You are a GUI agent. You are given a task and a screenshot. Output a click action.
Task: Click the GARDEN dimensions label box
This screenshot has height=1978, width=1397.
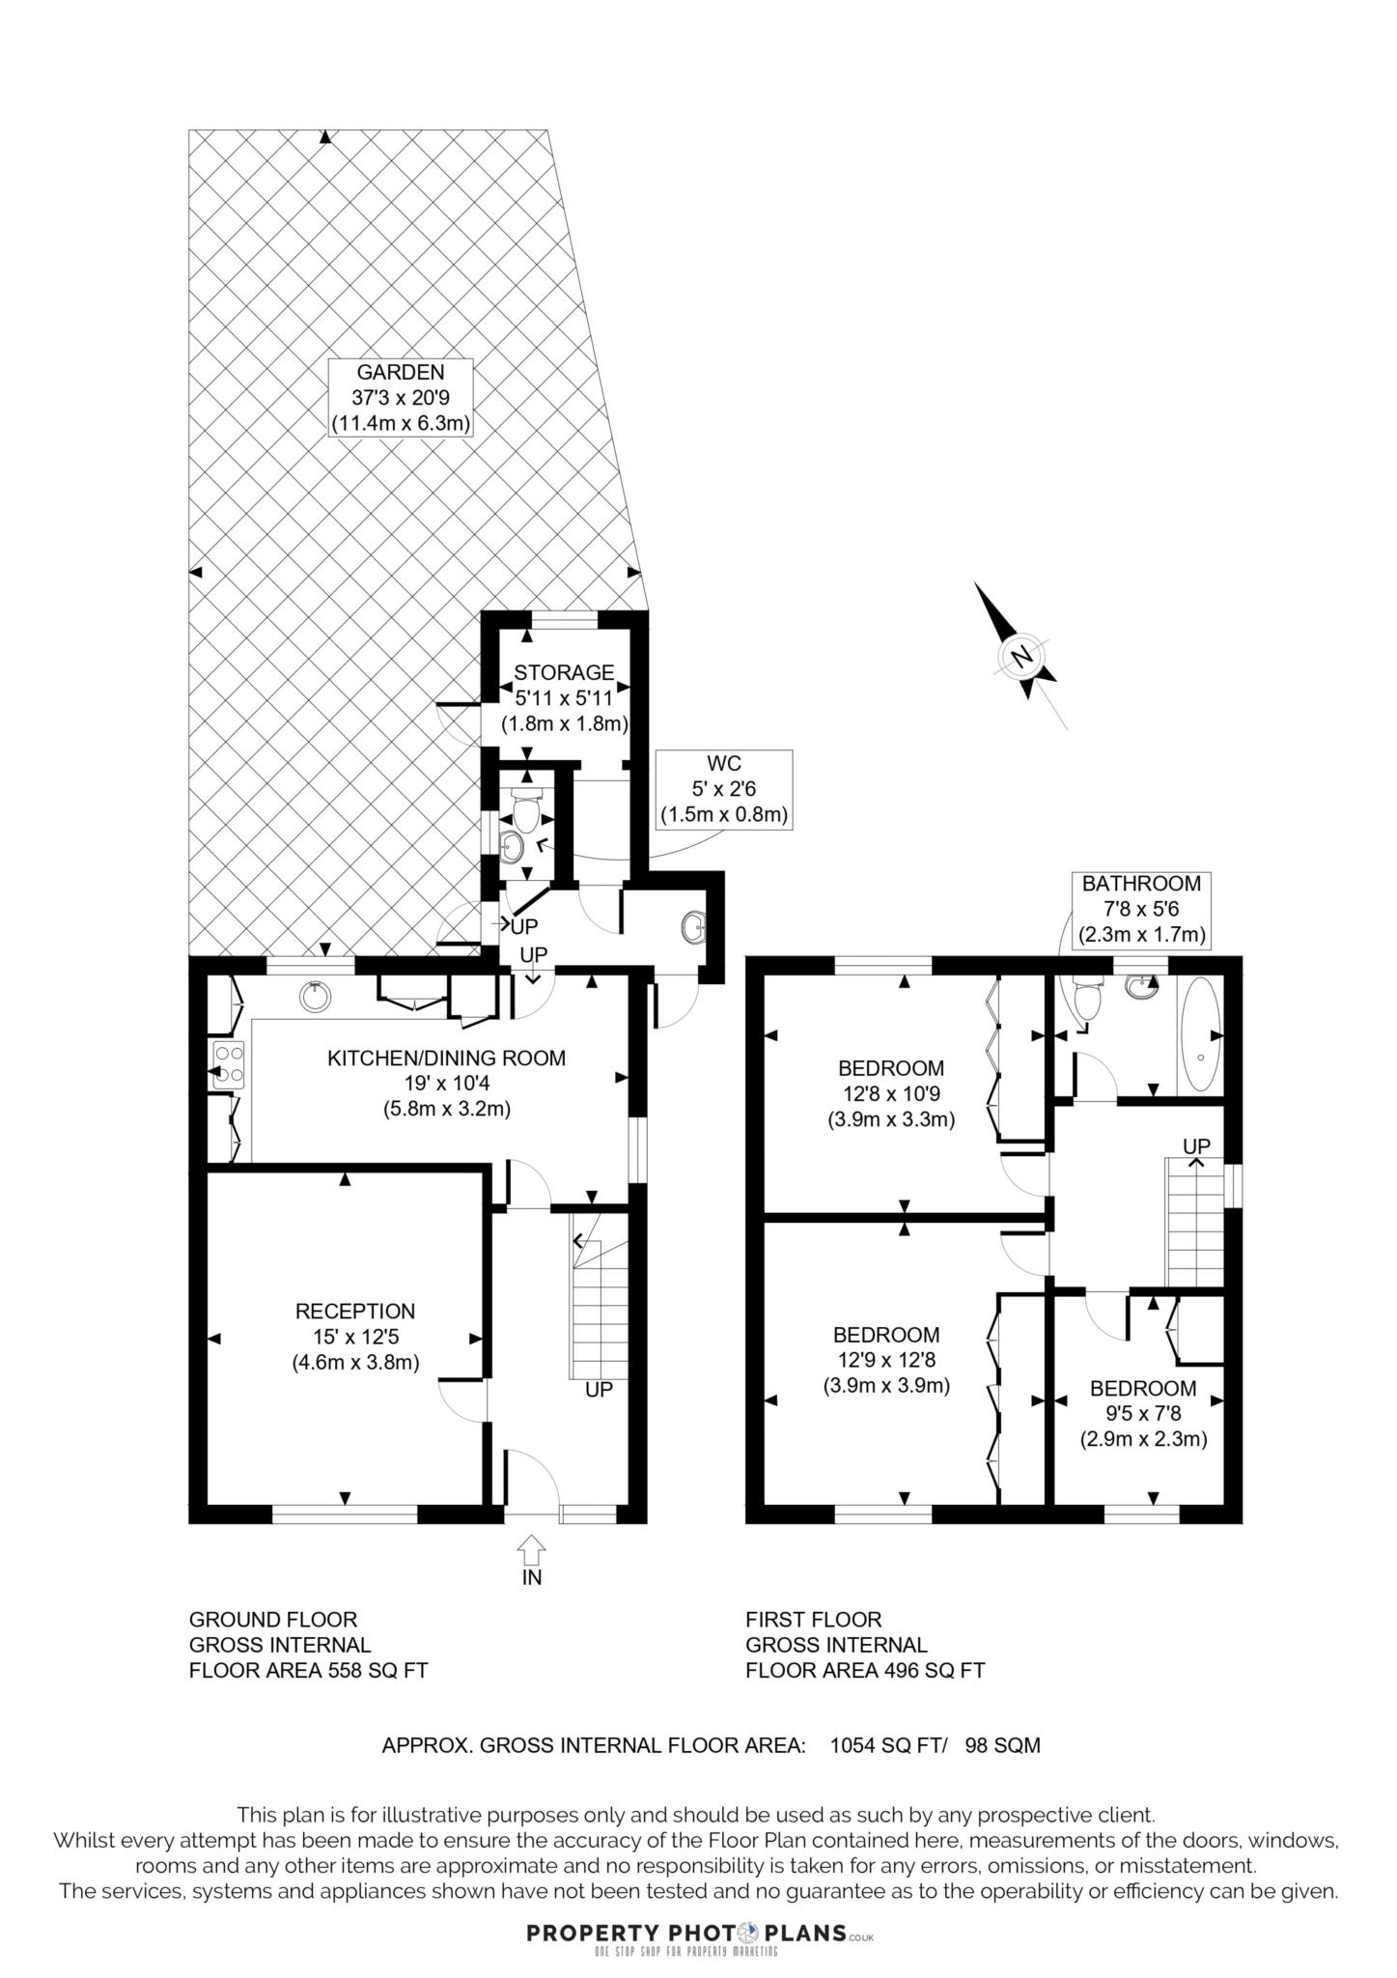click(401, 397)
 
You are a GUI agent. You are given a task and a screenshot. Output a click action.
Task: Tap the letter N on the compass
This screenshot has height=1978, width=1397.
click(1021, 658)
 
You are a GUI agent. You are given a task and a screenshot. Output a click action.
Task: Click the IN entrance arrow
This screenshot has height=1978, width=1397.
click(531, 1553)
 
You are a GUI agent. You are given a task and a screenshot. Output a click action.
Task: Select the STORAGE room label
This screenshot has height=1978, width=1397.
click(564, 672)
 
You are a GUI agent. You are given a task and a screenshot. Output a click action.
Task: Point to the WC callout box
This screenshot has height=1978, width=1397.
click(724, 789)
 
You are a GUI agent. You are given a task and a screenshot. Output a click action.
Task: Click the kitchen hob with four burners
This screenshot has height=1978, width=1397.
click(228, 1063)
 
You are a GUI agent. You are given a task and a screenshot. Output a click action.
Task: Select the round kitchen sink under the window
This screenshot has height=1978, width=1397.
click(315, 997)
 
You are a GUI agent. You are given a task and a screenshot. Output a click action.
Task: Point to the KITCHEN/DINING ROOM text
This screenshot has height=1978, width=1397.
click(446, 1058)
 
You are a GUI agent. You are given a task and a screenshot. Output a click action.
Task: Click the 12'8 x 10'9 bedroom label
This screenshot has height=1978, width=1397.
click(890, 1094)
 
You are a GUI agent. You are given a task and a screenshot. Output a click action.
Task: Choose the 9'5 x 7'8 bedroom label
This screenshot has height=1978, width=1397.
click(1143, 1414)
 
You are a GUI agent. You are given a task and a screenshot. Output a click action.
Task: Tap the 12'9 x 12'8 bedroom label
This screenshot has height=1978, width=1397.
click(886, 1360)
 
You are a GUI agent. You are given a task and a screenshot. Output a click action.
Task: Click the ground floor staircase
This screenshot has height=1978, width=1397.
click(599, 1304)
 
